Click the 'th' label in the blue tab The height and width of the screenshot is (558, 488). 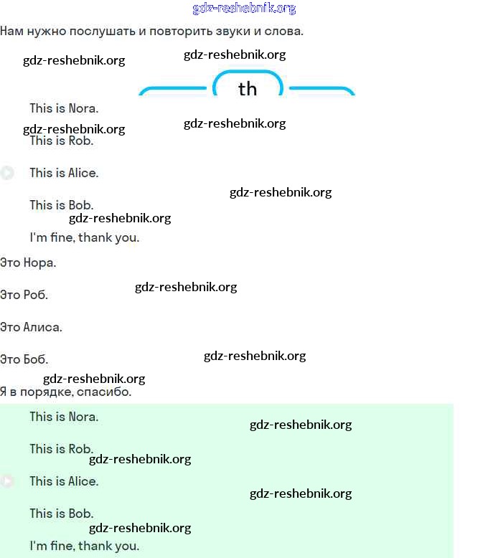(x=247, y=89)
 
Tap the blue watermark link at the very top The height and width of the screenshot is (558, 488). (x=244, y=9)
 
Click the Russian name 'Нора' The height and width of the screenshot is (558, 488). (x=39, y=263)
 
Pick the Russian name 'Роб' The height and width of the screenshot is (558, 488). (x=36, y=295)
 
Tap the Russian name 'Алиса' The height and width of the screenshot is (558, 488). (x=42, y=327)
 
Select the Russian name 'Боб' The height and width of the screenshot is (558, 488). (x=36, y=359)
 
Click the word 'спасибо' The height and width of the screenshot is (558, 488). (x=108, y=392)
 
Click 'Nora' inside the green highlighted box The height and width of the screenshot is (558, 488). (x=83, y=417)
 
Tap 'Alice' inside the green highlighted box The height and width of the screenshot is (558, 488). (x=83, y=481)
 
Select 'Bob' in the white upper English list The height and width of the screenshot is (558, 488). (x=80, y=205)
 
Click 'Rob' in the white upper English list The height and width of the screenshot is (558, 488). (x=81, y=141)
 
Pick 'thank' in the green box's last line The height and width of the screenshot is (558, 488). (x=95, y=546)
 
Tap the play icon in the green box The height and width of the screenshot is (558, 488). (x=7, y=481)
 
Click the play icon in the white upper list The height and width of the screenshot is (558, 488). (x=7, y=173)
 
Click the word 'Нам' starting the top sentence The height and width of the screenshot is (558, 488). (x=11, y=32)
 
